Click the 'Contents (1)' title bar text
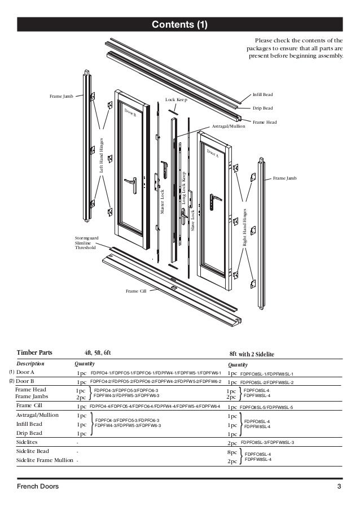click(x=179, y=24)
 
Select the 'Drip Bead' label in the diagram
click(x=263, y=108)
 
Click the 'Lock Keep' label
click(x=176, y=99)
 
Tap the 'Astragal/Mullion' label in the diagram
click(x=229, y=127)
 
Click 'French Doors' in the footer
click(x=37, y=486)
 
